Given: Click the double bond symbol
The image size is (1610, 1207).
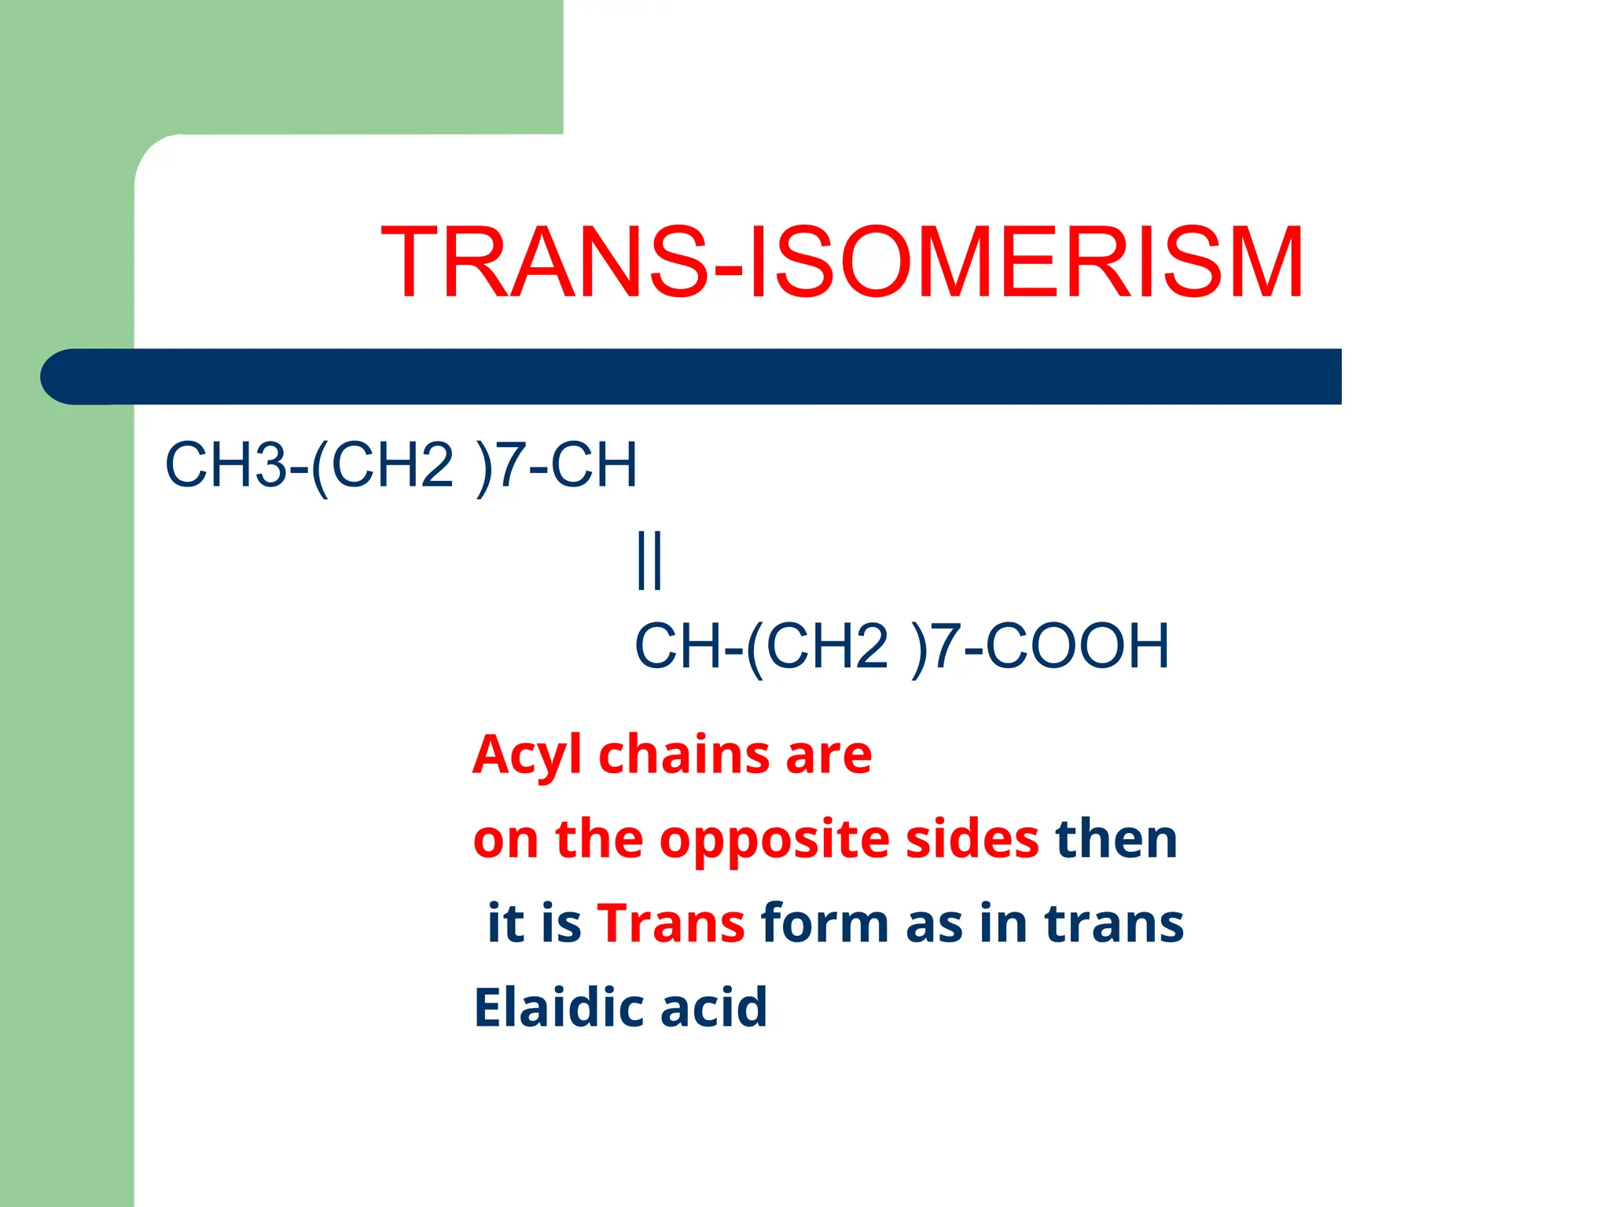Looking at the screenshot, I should (649, 559).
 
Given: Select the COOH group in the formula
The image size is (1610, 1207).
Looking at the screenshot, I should (1077, 646).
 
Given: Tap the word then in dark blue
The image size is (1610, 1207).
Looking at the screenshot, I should (1116, 839).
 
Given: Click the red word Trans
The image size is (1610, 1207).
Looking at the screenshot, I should (671, 923).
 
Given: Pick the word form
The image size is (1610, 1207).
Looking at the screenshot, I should (824, 923).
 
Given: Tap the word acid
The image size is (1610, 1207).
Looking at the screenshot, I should (714, 1007).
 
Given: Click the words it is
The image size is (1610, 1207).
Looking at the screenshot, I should (535, 923).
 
